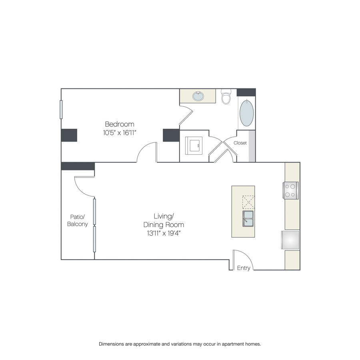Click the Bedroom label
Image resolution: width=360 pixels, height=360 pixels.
119,124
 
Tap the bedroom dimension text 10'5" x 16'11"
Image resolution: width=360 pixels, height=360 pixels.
120,133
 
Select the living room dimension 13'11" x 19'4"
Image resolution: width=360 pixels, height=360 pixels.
164,233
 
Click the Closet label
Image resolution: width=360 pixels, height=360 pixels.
240,143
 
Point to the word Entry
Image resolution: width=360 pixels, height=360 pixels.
244,268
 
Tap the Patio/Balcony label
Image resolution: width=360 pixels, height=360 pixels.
77,220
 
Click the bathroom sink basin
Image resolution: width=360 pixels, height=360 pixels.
198,96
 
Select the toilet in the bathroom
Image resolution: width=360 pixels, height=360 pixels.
226,96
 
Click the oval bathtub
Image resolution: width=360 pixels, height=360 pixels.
246,113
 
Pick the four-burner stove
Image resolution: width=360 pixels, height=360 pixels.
291,190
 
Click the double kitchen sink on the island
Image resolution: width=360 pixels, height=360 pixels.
248,219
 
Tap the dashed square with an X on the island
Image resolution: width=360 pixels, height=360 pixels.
248,202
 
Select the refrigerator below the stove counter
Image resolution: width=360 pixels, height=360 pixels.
290,240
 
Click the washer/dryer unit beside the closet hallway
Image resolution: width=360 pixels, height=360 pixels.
194,146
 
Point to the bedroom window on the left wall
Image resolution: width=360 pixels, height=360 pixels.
61,110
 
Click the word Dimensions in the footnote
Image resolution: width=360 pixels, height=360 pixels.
112,344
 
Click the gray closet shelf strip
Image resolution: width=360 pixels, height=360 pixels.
252,146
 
